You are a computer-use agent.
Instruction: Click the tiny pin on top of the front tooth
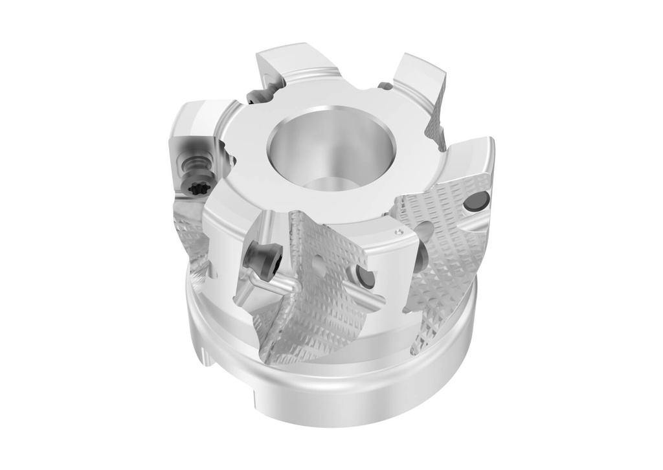tap(396, 230)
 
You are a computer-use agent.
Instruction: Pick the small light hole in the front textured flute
tap(317, 263)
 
